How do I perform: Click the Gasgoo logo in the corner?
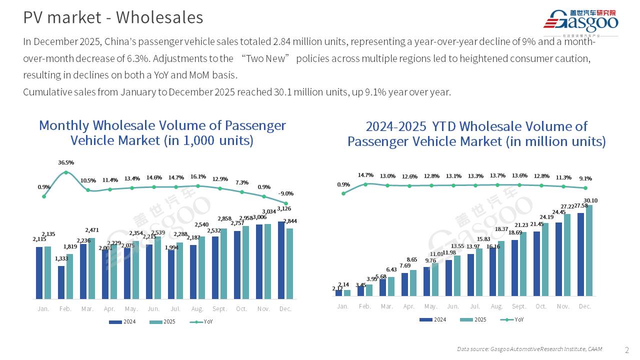coord(580,22)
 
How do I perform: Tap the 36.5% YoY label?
coord(66,162)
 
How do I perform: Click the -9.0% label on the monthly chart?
coord(286,193)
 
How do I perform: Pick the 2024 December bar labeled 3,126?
coord(281,260)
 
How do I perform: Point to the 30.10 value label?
coord(591,200)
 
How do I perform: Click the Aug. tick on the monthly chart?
coord(197,309)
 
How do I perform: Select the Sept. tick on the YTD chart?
coord(519,306)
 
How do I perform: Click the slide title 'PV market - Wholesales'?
coord(113,17)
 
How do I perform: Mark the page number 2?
coord(627,349)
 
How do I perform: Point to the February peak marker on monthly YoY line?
coord(66,172)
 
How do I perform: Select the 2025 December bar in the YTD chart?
coord(589,250)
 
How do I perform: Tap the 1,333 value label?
coord(61,258)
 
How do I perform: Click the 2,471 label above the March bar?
coord(91,230)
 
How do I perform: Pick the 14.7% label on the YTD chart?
coord(365,175)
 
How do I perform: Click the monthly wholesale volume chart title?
coord(162,132)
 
